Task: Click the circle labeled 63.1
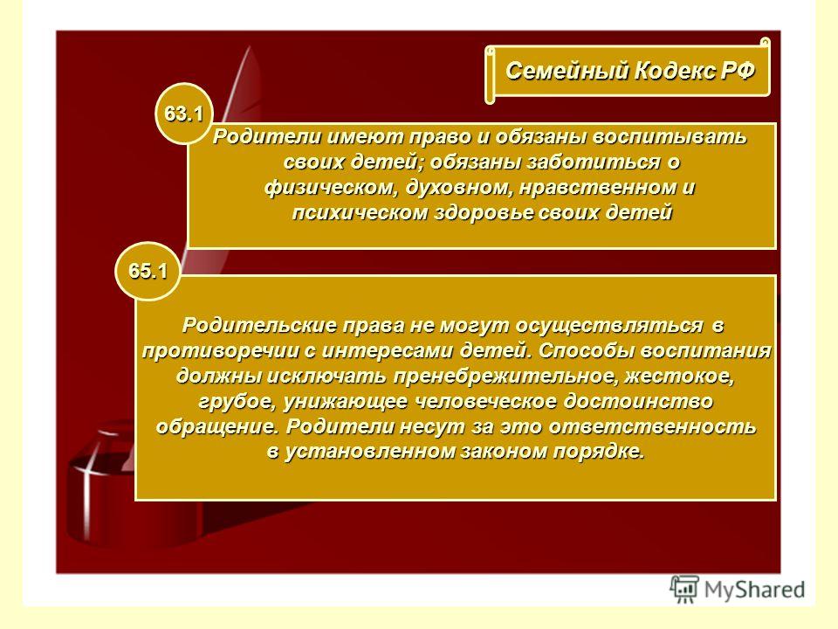(184, 114)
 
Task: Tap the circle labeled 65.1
(148, 271)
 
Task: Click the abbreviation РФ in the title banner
(738, 71)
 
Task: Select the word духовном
(458, 188)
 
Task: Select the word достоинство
(638, 402)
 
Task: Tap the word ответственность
(652, 427)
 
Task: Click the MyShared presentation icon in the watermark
(684, 590)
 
